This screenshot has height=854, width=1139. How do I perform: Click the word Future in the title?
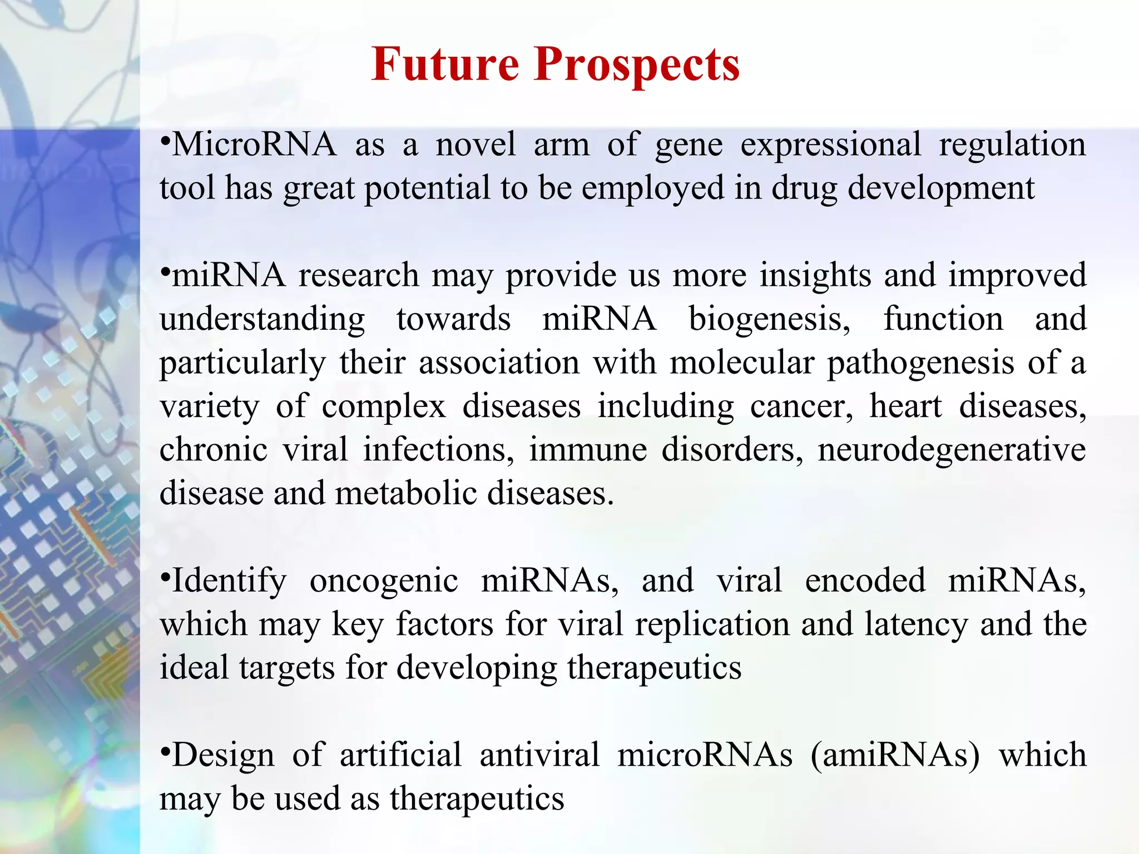pos(445,64)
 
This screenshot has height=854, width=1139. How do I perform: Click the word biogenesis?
pos(770,320)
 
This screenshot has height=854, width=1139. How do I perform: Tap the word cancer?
pos(801,406)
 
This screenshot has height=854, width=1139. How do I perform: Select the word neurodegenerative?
pos(951,450)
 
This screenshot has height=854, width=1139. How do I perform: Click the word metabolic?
pos(405,493)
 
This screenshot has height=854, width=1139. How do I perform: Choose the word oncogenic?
pos(384,582)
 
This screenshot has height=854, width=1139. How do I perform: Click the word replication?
pos(712,625)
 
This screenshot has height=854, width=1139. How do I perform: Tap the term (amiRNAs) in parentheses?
pos(895,756)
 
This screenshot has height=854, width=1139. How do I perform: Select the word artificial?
pos(400,755)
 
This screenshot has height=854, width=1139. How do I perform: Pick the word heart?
pos(905,406)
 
